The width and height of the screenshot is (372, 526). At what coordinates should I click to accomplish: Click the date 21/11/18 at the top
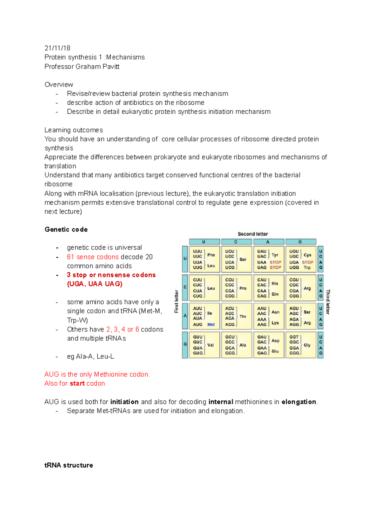(57, 48)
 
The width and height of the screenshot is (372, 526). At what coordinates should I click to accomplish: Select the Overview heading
(59, 85)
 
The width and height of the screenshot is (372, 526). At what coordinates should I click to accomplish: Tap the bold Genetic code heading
(66, 230)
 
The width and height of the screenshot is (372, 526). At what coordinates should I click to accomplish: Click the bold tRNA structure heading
(69, 465)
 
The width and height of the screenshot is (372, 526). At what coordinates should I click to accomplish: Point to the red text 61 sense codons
(93, 257)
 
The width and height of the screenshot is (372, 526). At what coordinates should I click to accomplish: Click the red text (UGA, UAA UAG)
(95, 284)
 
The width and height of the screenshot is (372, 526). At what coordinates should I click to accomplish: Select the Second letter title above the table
(253, 234)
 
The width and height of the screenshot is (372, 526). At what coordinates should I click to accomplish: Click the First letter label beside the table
(177, 301)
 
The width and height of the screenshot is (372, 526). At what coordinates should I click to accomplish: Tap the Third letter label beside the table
(328, 301)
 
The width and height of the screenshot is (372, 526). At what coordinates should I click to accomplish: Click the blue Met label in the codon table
(211, 325)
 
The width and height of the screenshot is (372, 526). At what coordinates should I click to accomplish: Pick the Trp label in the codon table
(307, 267)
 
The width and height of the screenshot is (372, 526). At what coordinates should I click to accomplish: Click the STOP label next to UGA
(307, 262)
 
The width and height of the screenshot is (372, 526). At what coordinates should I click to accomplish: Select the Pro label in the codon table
(243, 288)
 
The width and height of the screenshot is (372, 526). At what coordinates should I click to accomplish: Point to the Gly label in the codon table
(307, 345)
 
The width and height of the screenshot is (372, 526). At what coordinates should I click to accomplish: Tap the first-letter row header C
(185, 287)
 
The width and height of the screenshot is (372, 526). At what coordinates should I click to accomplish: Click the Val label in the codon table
(210, 345)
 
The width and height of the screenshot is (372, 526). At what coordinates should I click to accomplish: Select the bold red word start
(77, 384)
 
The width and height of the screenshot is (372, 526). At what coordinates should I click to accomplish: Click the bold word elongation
(299, 402)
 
